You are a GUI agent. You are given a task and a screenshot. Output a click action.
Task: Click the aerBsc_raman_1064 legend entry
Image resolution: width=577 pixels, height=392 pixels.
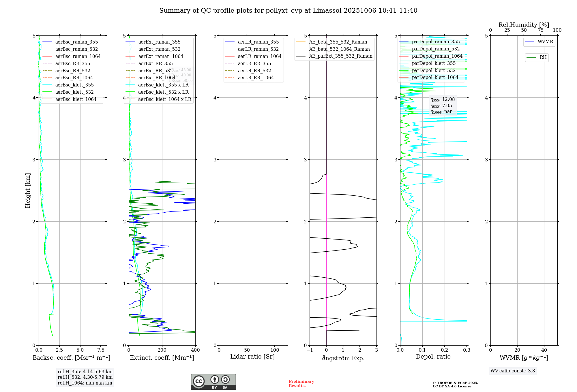[x=78, y=56]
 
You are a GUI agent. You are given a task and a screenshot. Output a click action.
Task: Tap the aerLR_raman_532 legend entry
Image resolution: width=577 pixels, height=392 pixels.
[x=258, y=49]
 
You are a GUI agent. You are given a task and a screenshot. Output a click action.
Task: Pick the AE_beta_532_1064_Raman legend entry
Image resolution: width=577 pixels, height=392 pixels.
[x=339, y=49]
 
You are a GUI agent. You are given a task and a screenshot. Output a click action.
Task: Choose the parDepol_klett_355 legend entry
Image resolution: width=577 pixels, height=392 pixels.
[x=434, y=63]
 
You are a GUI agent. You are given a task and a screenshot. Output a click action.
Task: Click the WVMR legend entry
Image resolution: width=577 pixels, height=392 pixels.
[x=545, y=42]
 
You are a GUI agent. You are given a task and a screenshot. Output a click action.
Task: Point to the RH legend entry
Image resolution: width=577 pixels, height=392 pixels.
[x=543, y=57]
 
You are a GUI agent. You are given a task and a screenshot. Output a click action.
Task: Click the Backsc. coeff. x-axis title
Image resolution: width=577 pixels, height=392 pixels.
[x=72, y=358]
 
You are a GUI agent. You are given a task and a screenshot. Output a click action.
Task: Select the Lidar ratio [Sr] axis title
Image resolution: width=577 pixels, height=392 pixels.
[x=252, y=357]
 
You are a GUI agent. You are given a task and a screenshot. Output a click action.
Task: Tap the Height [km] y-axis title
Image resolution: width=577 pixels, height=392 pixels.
[x=28, y=191]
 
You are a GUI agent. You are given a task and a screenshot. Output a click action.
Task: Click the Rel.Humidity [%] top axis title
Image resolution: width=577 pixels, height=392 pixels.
[x=524, y=25]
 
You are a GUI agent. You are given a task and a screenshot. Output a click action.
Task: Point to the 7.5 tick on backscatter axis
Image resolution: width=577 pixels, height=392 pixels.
[x=101, y=350]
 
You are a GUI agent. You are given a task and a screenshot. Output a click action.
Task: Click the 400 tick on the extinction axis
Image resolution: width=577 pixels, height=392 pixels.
[x=195, y=350]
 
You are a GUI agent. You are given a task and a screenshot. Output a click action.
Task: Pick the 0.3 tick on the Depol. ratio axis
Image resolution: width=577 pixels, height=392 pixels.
[x=467, y=350]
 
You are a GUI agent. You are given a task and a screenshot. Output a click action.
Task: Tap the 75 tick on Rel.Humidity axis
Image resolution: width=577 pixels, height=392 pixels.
[x=540, y=30]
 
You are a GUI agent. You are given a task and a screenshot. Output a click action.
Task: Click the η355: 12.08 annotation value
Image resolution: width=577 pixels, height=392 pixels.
[x=443, y=99]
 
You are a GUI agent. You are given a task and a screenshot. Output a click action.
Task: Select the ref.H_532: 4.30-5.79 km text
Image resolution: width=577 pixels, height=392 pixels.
[x=85, y=377]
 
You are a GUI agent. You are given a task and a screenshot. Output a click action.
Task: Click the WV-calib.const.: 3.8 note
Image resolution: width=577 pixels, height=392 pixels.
[x=513, y=371]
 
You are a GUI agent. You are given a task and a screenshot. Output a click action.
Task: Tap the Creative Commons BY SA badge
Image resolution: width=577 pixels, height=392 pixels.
[x=213, y=382]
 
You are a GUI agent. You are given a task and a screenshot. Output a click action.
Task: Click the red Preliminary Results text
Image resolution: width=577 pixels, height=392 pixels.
[x=301, y=383]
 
